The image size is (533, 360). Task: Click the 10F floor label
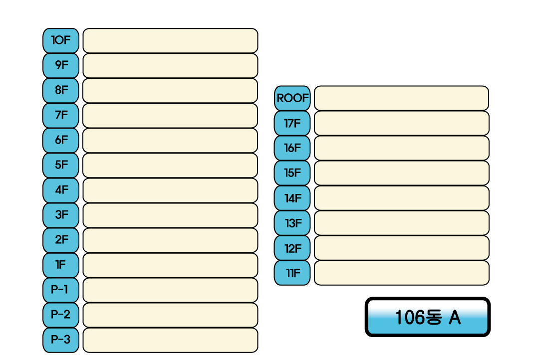pyautogui.click(x=61, y=40)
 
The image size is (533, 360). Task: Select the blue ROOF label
pyautogui.click(x=292, y=98)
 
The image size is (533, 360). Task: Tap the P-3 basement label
pyautogui.click(x=61, y=340)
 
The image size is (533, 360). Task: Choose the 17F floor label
pyautogui.click(x=292, y=123)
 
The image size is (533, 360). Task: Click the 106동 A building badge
pyautogui.click(x=428, y=317)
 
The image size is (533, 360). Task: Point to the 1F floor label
pyautogui.click(x=61, y=265)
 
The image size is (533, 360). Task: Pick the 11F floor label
pyautogui.click(x=292, y=273)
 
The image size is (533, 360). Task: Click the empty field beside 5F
pyautogui.click(x=170, y=166)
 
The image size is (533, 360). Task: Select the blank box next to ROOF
pyautogui.click(x=401, y=98)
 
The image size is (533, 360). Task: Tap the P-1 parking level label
pyautogui.click(x=61, y=290)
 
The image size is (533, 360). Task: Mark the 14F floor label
pyautogui.click(x=292, y=198)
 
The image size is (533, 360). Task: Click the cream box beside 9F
pyautogui.click(x=170, y=65)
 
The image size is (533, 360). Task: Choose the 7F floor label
pyautogui.click(x=61, y=116)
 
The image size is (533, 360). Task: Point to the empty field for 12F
pyautogui.click(x=401, y=248)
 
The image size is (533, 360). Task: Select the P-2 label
pyautogui.click(x=61, y=315)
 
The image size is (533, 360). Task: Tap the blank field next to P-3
pyautogui.click(x=170, y=340)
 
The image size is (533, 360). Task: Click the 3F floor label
pyautogui.click(x=61, y=215)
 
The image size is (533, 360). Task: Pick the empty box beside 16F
pyautogui.click(x=401, y=148)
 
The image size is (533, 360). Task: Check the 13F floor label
pyautogui.click(x=292, y=223)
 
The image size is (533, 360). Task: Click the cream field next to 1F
pyautogui.click(x=170, y=265)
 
